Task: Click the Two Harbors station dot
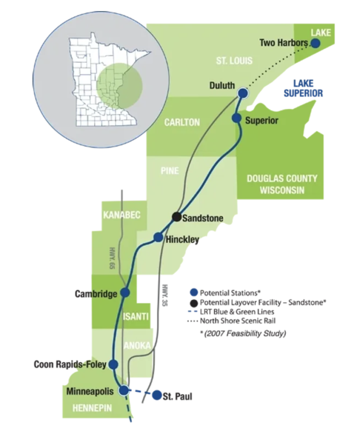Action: point(315,43)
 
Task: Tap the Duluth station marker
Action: point(243,93)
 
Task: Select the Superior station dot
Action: point(236,118)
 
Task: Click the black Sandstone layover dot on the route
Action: point(177,217)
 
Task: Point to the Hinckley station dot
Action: point(158,237)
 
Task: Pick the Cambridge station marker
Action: point(125,292)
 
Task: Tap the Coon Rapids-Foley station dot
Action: point(113,364)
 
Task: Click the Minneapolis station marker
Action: point(124,390)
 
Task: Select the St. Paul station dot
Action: point(157,395)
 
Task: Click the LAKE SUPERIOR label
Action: point(303,88)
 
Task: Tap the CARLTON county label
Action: point(182,122)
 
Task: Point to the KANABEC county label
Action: point(122,215)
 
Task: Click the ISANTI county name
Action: point(136,316)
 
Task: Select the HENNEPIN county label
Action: point(92,408)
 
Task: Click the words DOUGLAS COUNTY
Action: point(282,178)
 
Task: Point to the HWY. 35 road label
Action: point(165,295)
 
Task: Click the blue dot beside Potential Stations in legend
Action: point(194,292)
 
